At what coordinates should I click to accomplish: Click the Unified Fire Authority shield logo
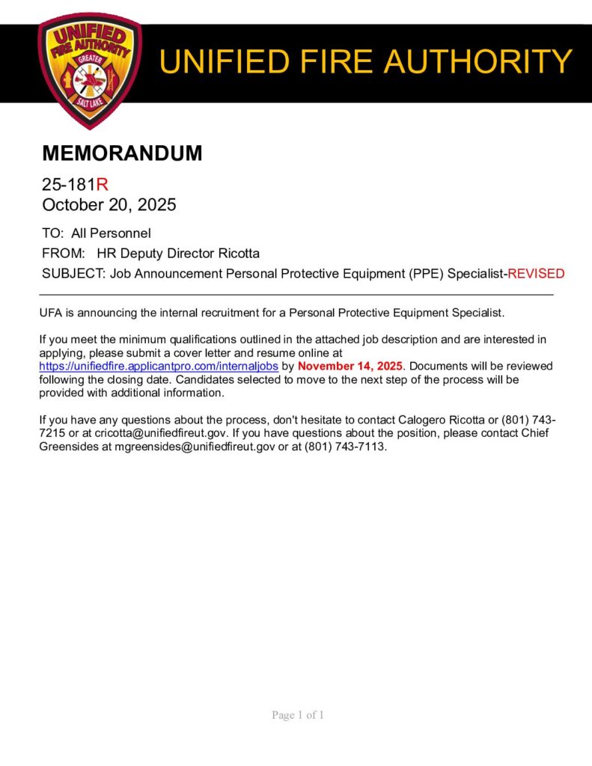click(x=90, y=69)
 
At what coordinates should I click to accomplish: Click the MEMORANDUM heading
click(x=122, y=153)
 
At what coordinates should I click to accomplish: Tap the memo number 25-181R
click(x=76, y=185)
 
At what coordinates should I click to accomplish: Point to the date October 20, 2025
click(x=109, y=204)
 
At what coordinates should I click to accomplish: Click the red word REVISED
click(x=536, y=274)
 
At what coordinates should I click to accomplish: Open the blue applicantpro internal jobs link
click(x=159, y=367)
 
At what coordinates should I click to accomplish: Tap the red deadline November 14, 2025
click(x=350, y=367)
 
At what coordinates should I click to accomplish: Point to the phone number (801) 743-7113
click(x=345, y=447)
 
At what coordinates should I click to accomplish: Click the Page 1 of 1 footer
click(x=298, y=715)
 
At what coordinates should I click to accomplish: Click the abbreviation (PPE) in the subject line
click(x=426, y=274)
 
